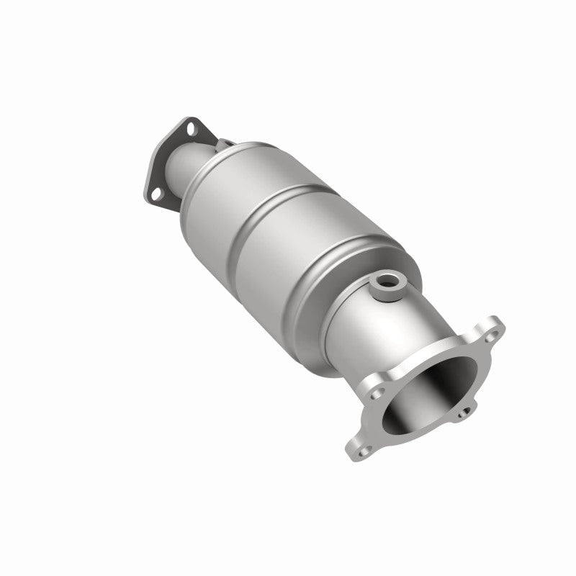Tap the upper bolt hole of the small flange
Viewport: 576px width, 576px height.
pos(192,130)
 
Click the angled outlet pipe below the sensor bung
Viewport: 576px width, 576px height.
pos(374,324)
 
